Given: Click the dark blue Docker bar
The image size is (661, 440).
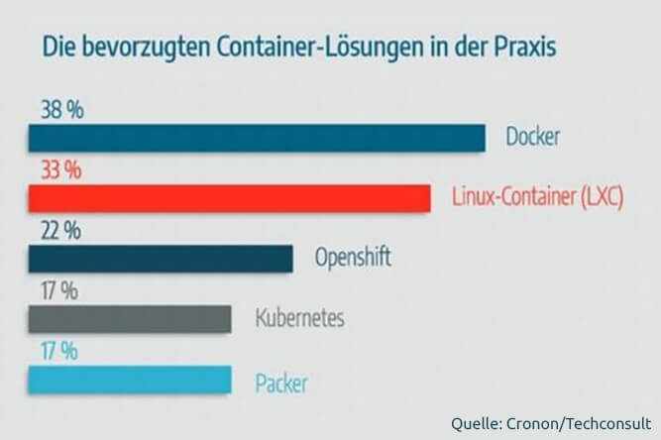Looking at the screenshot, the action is [x=257, y=138].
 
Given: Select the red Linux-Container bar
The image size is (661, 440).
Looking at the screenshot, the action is [x=229, y=197].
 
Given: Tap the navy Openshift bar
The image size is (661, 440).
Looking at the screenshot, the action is [x=161, y=259].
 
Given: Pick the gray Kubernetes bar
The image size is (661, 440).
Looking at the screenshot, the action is [x=130, y=319].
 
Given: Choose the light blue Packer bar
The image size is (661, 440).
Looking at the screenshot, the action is [x=130, y=380].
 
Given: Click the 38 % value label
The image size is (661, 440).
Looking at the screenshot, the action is [x=62, y=110].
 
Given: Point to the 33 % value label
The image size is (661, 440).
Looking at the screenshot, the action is [x=61, y=170].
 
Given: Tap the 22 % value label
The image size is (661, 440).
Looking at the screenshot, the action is [x=60, y=231].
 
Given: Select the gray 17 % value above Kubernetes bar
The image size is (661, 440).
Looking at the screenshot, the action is [x=59, y=291].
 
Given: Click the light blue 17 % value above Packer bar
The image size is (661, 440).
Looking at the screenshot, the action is [x=59, y=352].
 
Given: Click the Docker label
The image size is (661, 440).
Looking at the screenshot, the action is [x=533, y=137].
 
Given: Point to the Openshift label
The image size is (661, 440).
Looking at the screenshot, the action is [x=353, y=257].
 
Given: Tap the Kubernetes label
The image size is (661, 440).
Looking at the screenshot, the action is [x=299, y=317].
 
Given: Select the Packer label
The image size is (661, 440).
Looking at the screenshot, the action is [x=281, y=384].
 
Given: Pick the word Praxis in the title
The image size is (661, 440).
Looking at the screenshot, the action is [x=525, y=48].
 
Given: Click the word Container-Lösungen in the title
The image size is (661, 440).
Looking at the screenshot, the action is [x=320, y=48].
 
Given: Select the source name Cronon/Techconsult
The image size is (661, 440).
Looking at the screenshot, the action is [x=579, y=423].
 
